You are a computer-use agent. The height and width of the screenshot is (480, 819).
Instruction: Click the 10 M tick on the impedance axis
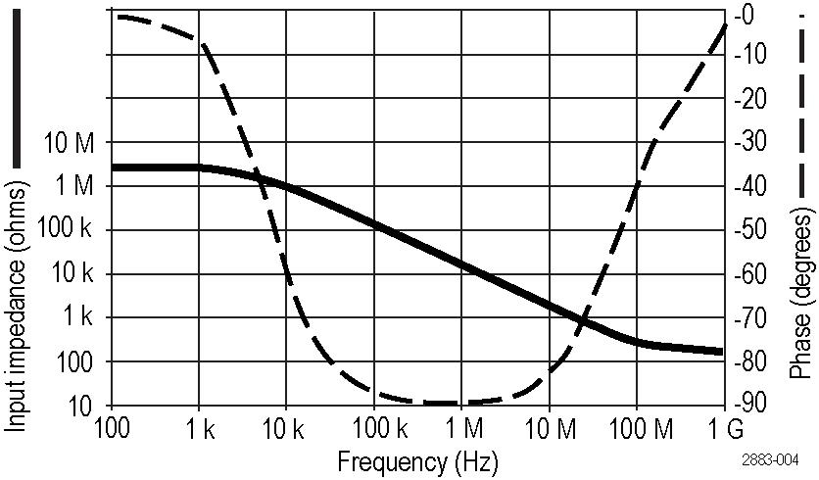click(x=72, y=143)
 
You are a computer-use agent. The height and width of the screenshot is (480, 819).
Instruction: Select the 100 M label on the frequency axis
click(x=635, y=428)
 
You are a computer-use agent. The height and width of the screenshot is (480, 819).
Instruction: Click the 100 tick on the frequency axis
click(x=112, y=428)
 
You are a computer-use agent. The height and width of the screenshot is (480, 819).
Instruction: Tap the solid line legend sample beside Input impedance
click(x=17, y=93)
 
